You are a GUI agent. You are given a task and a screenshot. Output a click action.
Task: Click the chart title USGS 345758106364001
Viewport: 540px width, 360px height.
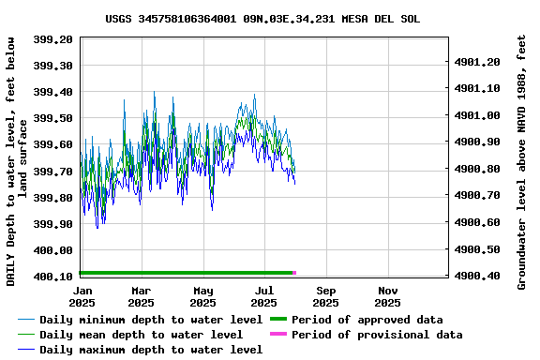(262, 19)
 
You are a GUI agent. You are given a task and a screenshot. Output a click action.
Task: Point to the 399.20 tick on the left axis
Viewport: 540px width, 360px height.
(54, 39)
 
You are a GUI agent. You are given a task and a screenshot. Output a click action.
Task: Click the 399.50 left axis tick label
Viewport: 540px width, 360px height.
(54, 118)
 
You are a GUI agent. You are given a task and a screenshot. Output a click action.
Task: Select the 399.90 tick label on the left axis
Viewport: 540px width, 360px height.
(54, 224)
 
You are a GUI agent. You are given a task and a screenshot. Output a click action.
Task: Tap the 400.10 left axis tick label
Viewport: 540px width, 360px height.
(54, 277)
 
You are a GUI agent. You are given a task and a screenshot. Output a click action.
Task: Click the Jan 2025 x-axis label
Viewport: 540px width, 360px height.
(81, 296)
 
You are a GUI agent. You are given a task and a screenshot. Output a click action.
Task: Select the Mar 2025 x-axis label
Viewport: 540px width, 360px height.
(142, 296)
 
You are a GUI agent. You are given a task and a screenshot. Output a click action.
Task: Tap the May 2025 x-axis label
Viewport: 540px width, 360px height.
(203, 296)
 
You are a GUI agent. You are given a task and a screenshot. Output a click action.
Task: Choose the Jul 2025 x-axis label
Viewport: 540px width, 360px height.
(264, 296)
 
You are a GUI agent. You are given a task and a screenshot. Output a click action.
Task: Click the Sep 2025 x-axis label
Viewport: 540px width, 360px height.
(326, 296)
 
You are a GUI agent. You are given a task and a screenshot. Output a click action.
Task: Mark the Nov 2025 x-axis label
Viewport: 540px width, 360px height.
(387, 296)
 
